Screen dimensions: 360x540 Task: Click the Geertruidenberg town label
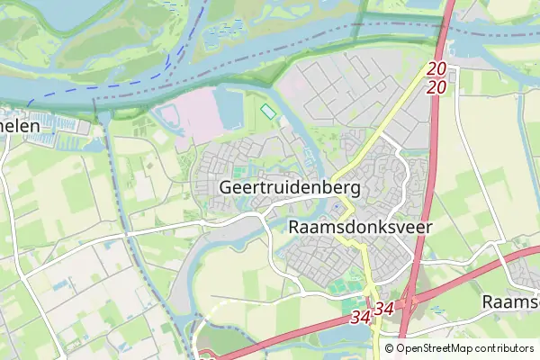(x=289, y=189)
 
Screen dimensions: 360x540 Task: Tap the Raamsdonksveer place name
(x=360, y=228)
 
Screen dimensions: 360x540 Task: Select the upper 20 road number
(x=437, y=69)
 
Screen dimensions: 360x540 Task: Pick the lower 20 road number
(x=437, y=86)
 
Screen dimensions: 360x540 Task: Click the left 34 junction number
(x=360, y=319)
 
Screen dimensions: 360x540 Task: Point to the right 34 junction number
(x=384, y=309)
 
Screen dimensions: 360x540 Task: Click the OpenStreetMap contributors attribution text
(x=464, y=348)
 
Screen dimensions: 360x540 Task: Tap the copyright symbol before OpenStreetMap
(x=389, y=348)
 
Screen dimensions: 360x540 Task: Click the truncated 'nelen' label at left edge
(x=20, y=127)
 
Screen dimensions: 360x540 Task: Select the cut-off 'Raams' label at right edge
(x=510, y=301)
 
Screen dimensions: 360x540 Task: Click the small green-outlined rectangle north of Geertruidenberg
(x=268, y=112)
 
